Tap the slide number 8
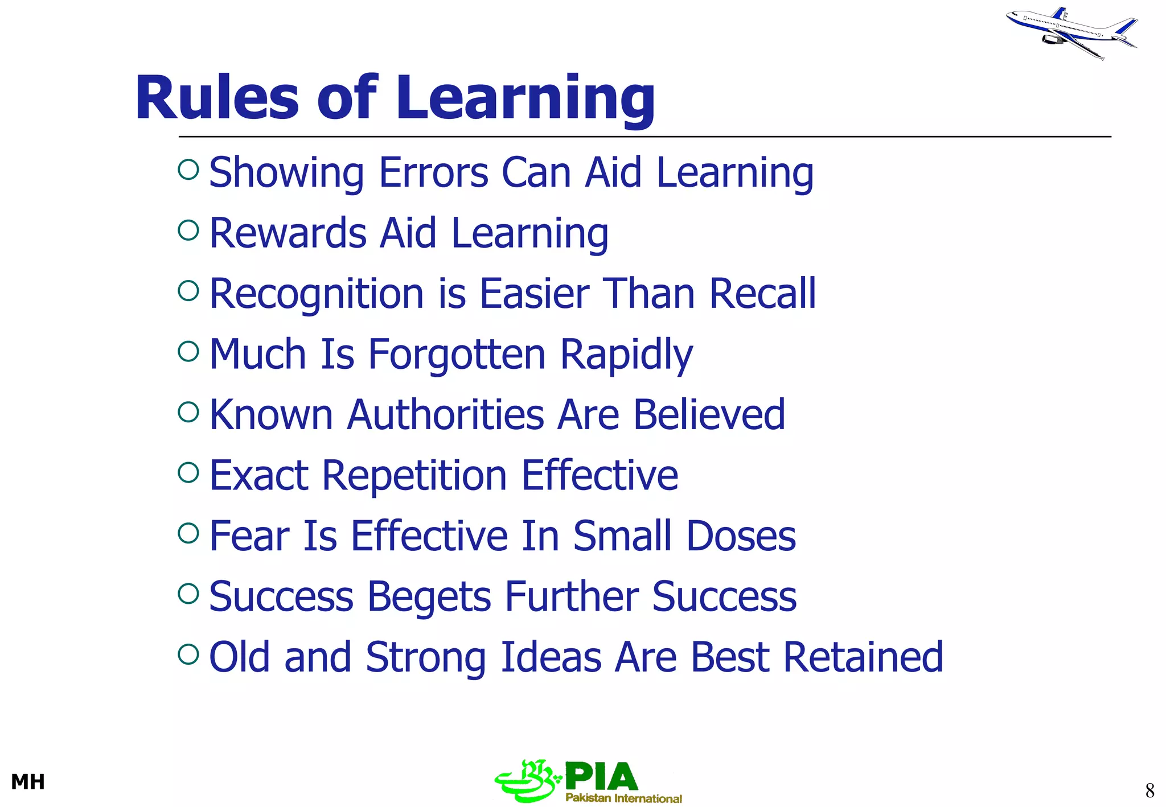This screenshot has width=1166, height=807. click(1149, 790)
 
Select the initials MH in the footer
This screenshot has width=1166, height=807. click(28, 782)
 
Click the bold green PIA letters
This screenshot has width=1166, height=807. click(601, 776)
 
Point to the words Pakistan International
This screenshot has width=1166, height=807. click(623, 798)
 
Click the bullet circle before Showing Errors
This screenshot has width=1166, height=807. click(188, 170)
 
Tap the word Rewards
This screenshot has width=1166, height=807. click(288, 233)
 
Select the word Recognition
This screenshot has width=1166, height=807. click(317, 294)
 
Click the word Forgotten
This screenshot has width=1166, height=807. click(457, 355)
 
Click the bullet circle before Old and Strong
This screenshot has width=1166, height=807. click(188, 654)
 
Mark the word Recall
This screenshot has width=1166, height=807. click(762, 294)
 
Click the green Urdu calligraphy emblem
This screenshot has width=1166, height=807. click(527, 781)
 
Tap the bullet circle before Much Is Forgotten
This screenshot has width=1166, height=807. click(188, 351)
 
